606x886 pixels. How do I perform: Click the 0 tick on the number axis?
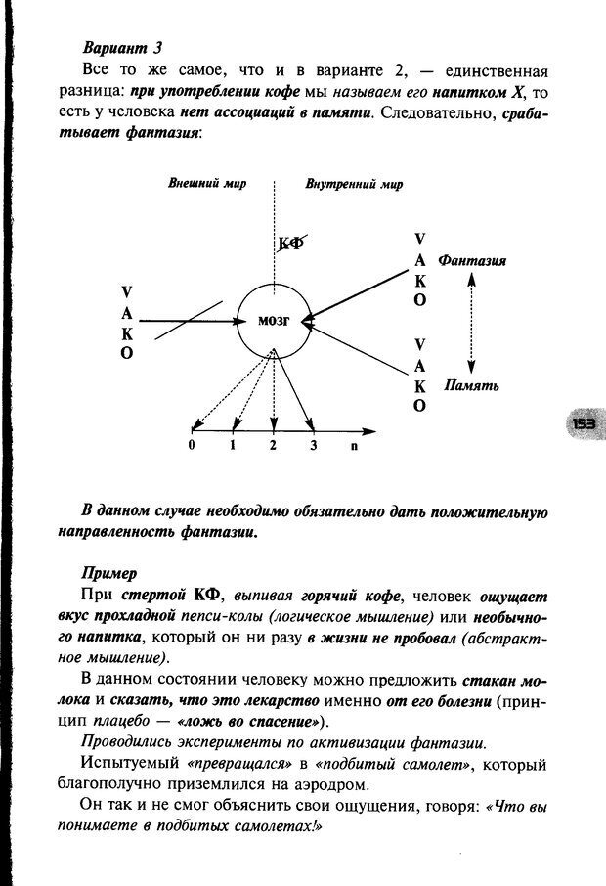192,446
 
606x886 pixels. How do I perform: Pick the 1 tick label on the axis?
233,446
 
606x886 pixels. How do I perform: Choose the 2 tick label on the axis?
274,446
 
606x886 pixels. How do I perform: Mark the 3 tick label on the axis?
313,446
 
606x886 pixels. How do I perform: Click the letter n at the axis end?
354,446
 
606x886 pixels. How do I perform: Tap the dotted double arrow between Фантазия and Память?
471,323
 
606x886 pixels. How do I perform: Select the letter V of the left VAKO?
127,291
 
